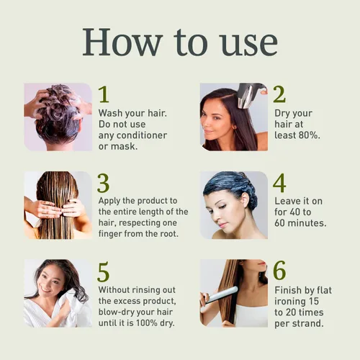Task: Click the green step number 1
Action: point(104,95)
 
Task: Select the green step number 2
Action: point(279,94)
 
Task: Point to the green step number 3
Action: point(104,183)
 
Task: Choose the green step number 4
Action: point(279,183)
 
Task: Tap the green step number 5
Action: point(104,271)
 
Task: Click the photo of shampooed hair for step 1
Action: point(58,116)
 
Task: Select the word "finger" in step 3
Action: point(115,234)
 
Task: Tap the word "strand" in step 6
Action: point(305,323)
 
